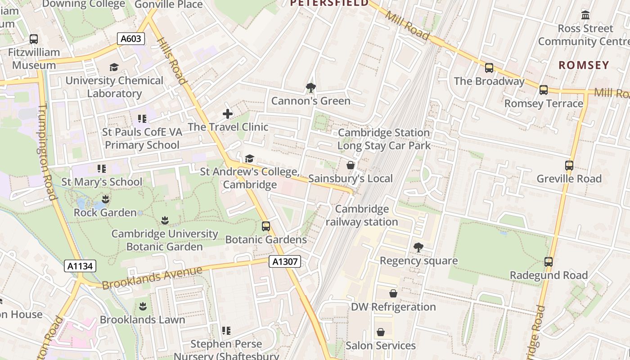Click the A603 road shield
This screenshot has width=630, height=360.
[131, 39]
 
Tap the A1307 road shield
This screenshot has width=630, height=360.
[284, 261]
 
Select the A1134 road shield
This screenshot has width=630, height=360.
[81, 266]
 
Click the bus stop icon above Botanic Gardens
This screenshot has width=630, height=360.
[266, 226]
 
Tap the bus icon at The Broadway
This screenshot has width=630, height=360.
[489, 68]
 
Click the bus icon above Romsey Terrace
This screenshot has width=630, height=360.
[544, 90]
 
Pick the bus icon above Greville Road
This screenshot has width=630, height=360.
[569, 165]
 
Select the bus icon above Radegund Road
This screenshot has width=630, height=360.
[549, 261]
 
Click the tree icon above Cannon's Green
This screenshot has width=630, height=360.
[310, 87]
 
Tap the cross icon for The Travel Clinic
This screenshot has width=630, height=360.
[228, 114]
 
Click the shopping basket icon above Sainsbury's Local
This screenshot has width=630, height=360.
[351, 165]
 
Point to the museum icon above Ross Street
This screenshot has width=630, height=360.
[585, 15]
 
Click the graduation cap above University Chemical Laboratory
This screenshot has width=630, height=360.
[114, 67]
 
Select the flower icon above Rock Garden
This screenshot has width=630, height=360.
[105, 199]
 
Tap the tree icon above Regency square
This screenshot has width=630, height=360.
[418, 247]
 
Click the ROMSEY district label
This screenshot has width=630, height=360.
[584, 65]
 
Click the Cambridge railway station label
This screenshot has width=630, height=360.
[362, 215]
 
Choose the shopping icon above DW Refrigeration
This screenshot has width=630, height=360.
[393, 293]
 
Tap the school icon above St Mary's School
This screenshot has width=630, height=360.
[102, 169]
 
